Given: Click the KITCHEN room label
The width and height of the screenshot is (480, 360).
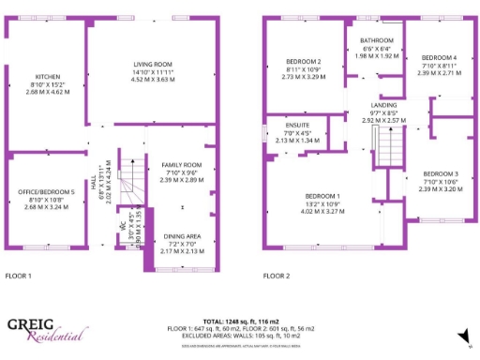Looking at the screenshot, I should [x=47, y=77].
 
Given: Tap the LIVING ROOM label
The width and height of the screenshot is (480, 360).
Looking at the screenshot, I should [x=151, y=63].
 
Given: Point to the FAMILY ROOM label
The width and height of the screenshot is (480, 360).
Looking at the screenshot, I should [x=181, y=164].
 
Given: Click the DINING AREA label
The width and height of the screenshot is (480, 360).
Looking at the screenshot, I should [x=181, y=236].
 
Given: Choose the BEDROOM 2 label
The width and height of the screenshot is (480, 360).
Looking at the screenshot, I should [x=304, y=61].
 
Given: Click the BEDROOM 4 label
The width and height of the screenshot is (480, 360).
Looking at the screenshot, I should [x=439, y=57].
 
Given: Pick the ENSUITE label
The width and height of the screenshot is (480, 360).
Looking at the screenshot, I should [x=296, y=125].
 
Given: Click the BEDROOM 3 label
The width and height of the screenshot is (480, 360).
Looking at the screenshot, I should [x=439, y=173].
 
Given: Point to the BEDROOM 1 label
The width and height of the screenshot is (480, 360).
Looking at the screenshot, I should [x=322, y=195].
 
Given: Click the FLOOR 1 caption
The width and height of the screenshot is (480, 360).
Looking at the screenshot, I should [x=19, y=277].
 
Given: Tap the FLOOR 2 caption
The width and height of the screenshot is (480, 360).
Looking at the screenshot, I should [x=277, y=277].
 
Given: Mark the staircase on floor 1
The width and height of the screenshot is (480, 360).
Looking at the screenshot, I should [x=134, y=178].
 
